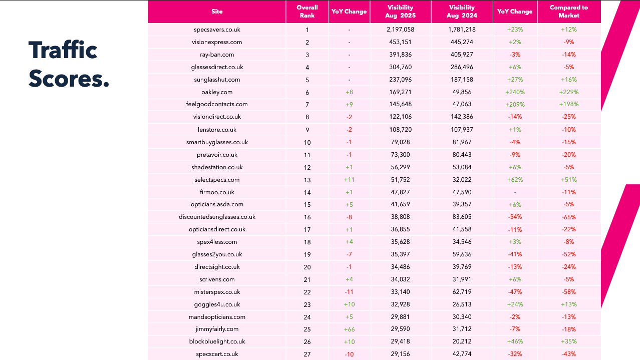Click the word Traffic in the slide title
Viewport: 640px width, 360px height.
point(63,50)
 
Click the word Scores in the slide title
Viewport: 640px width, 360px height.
point(69,79)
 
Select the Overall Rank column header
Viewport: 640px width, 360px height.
point(307,12)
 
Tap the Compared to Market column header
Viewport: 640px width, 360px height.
point(568,12)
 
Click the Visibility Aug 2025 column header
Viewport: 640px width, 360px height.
point(400,12)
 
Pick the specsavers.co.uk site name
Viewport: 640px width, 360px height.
point(217,30)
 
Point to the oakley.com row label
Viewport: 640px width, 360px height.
point(217,92)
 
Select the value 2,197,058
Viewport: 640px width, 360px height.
point(400,30)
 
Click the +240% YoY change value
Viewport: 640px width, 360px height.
point(515,92)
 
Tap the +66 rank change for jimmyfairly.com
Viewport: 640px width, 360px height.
point(349,329)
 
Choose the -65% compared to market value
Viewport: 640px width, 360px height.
point(568,217)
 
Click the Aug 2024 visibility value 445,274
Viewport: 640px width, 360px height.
point(461,42)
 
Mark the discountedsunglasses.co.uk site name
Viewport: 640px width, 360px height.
point(217,217)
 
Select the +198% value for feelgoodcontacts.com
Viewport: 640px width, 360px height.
point(568,105)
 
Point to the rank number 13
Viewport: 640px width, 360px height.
point(307,180)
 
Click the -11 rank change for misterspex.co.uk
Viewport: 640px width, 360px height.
point(349,292)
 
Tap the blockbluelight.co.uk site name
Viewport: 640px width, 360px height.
point(217,342)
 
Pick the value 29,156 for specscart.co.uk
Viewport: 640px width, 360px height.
point(400,354)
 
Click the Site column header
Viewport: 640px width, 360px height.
point(217,12)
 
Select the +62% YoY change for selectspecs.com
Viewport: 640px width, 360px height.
point(515,180)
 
